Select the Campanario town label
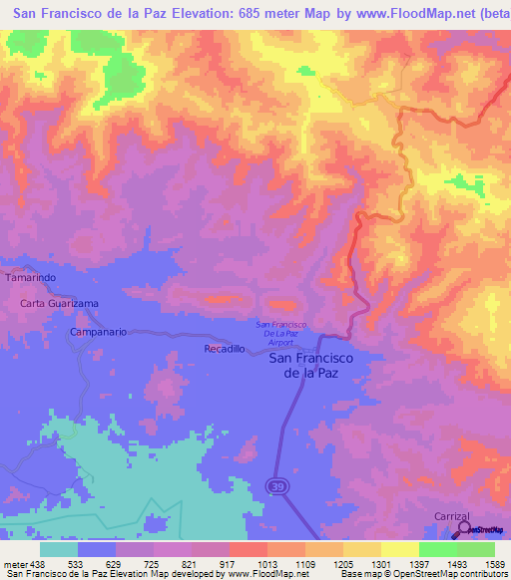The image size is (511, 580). pos(99,331)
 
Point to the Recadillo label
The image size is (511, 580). pos(224,350)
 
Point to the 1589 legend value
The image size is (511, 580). pos(495,563)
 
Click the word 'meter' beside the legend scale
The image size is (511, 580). pos(14,563)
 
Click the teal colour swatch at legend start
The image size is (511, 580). pos(58,549)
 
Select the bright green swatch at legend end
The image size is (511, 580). pos(475,549)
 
